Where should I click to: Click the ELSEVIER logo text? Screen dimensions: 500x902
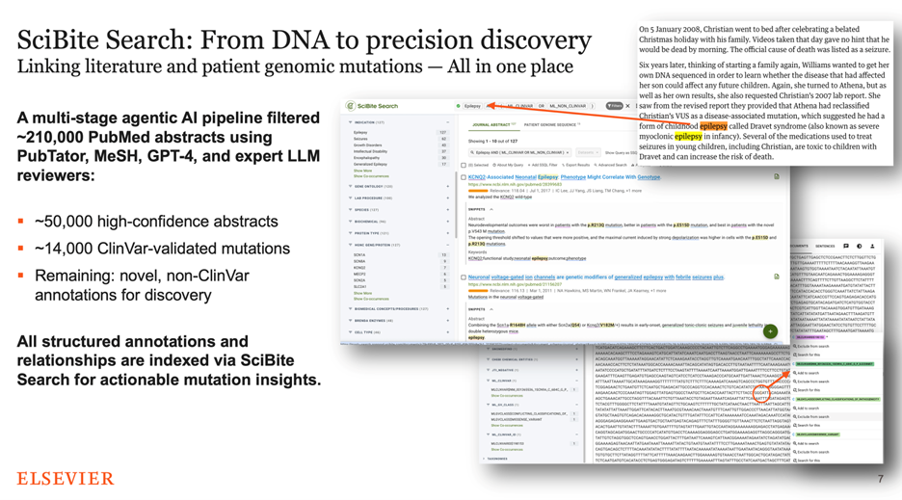click(65, 478)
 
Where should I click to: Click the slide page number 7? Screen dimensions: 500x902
click(880, 479)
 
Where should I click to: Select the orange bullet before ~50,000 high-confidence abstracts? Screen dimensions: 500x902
click(20, 222)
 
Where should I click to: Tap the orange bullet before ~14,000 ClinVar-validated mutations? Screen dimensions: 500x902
click(20, 249)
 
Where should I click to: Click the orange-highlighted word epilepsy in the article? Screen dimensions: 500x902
click(713, 126)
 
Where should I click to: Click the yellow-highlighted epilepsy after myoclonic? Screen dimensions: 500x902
click(688, 137)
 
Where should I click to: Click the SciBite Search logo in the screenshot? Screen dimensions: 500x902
click(373, 106)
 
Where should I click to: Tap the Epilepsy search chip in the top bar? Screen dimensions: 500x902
click(471, 106)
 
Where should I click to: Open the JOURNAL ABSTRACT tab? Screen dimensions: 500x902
click(492, 125)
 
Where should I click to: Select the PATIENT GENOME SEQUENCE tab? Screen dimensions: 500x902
click(550, 125)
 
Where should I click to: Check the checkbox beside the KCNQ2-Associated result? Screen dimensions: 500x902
click(464, 177)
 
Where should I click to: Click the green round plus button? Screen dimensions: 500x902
click(770, 331)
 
